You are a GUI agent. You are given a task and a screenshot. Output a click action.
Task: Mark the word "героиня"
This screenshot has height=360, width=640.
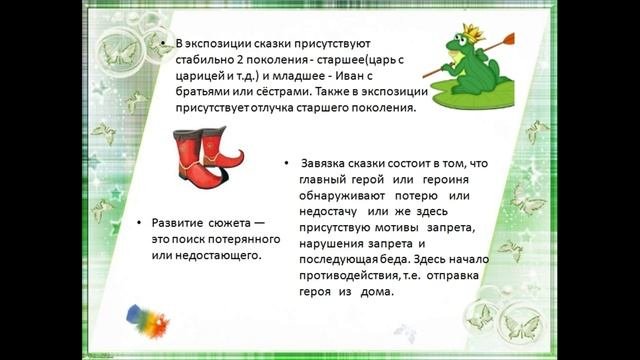click(x=421, y=179)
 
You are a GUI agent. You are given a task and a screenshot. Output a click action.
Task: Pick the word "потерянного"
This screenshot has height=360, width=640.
click(x=227, y=239)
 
